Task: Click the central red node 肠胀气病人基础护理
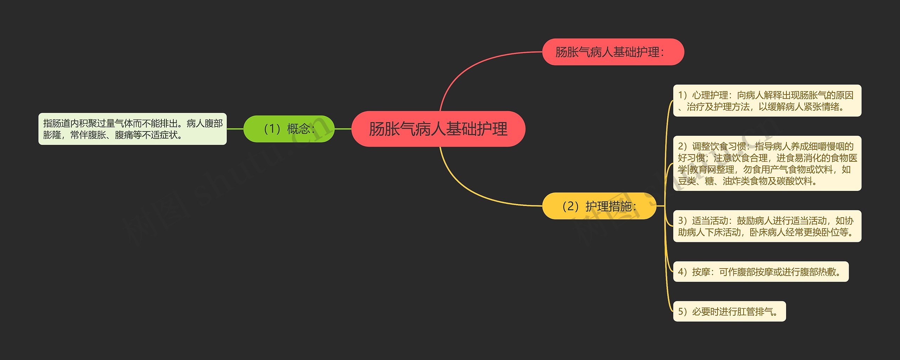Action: point(438,129)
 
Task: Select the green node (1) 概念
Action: point(289,129)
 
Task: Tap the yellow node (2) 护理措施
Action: point(599,206)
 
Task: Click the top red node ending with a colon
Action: point(613,52)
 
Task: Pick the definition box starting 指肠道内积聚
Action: point(132,129)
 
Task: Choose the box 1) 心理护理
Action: point(767,101)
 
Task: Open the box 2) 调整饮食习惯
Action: point(767,163)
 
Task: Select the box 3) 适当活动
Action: point(767,226)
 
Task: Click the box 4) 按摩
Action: point(760,272)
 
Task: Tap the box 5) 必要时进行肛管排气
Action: point(729,311)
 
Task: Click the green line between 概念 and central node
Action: point(343,129)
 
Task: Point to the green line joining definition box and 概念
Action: point(235,129)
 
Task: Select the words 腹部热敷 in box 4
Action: point(818,272)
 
